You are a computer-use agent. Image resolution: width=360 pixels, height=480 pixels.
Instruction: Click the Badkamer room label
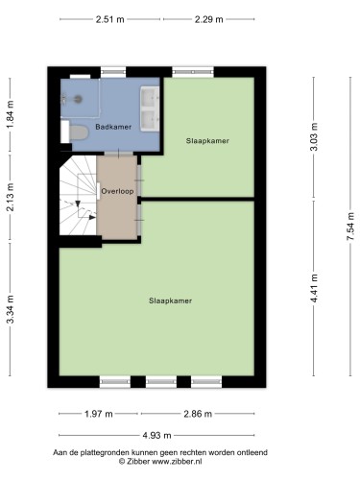(x=113, y=127)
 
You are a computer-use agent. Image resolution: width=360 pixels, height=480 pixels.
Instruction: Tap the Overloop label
(x=117, y=191)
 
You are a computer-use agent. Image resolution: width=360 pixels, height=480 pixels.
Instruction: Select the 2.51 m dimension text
(x=110, y=19)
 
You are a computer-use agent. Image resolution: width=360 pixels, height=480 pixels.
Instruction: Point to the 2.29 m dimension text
(x=209, y=19)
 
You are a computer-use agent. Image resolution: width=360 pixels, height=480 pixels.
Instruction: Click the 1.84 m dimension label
(x=11, y=114)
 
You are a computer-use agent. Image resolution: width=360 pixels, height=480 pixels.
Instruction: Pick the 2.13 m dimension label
(x=11, y=198)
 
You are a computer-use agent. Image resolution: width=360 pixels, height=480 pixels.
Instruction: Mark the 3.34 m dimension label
(x=11, y=309)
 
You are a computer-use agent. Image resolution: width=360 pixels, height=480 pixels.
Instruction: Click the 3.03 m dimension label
(x=314, y=136)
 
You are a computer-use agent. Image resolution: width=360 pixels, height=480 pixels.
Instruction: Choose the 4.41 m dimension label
(x=314, y=288)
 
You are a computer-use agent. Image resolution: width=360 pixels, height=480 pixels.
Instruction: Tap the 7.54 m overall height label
(x=350, y=227)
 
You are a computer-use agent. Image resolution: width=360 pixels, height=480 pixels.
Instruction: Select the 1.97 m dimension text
(x=99, y=414)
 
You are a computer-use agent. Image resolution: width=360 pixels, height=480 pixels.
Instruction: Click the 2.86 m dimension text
(x=198, y=414)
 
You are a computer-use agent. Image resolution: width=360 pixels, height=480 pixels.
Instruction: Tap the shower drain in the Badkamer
(x=78, y=99)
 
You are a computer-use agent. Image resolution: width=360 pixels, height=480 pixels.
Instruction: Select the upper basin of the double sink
(x=150, y=98)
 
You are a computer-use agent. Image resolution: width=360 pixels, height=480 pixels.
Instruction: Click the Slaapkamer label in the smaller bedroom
(x=207, y=141)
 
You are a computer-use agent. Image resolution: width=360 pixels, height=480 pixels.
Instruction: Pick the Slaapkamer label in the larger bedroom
(x=170, y=300)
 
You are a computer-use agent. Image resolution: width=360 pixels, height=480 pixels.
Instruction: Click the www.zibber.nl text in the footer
(x=177, y=462)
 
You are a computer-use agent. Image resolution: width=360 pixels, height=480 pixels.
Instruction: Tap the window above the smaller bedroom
(x=193, y=72)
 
